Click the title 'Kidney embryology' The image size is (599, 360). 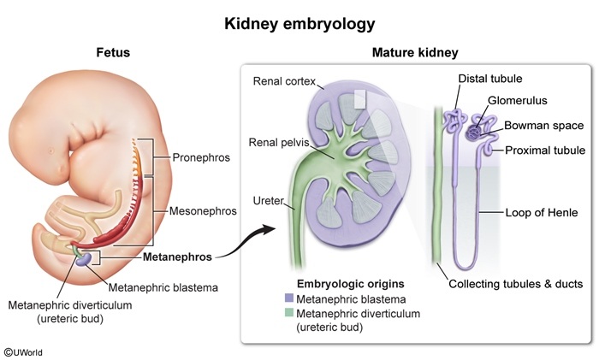[x=299, y=24]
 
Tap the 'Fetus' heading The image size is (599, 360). [x=113, y=52]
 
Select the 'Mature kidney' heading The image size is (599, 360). [x=415, y=53]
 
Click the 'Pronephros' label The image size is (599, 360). [x=201, y=157]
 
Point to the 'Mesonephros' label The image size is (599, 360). [x=203, y=210]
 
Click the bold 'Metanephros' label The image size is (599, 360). [x=177, y=257]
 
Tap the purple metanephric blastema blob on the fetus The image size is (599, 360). [x=83, y=260]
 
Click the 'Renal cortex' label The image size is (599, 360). [x=284, y=81]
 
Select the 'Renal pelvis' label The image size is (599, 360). [x=279, y=143]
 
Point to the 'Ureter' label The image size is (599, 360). [x=269, y=201]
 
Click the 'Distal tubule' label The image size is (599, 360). [x=490, y=79]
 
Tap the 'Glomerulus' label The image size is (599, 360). [x=518, y=100]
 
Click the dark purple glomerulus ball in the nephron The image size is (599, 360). [x=474, y=133]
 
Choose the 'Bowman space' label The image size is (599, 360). [x=544, y=126]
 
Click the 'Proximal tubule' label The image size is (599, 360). [x=545, y=150]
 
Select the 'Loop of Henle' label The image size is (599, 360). [x=542, y=213]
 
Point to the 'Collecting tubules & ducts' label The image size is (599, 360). [x=516, y=284]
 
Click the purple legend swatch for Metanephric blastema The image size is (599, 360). [x=289, y=299]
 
